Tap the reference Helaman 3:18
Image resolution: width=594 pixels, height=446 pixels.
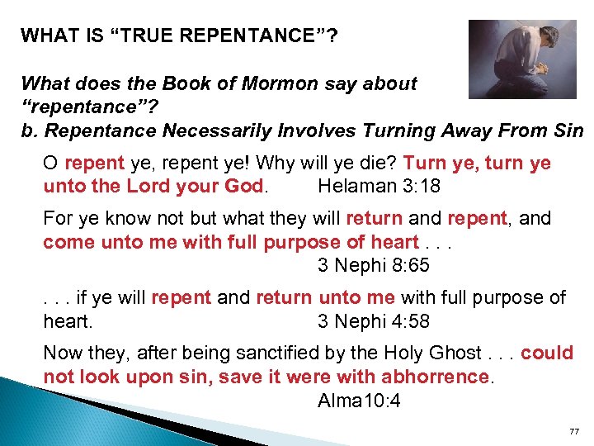(x=379, y=187)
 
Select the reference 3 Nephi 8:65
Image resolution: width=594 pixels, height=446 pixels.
(x=374, y=266)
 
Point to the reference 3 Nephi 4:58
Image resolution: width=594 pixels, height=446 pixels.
(x=374, y=321)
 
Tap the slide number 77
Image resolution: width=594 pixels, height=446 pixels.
(x=575, y=432)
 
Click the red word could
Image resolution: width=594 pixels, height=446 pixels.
(x=547, y=353)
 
